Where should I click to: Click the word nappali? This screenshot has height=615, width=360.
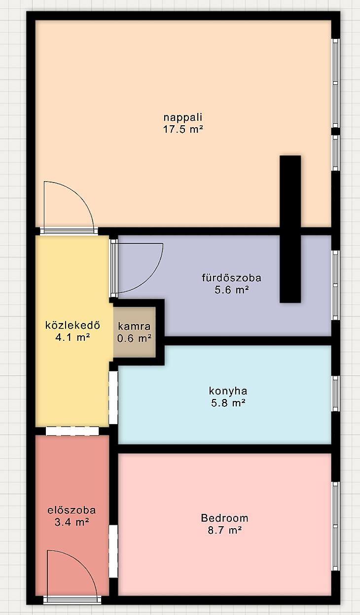tap(183, 117)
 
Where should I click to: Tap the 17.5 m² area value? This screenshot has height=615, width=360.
tap(183, 129)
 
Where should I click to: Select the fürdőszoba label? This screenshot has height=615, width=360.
tap(231, 278)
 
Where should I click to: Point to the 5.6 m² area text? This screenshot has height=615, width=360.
tap(232, 290)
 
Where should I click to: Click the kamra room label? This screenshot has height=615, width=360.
tap(134, 326)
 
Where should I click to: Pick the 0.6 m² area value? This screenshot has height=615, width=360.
tap(134, 338)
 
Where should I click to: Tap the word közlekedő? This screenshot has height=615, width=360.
tap(72, 326)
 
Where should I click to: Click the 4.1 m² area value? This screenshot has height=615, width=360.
tap(73, 337)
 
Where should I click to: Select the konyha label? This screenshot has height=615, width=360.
tap(228, 391)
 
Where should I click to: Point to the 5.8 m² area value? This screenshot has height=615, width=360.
tap(228, 403)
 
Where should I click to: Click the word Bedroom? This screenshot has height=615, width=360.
tap(224, 518)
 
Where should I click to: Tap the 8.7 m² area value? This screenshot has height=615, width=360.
tap(224, 530)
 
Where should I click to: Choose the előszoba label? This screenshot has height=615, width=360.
tap(72, 510)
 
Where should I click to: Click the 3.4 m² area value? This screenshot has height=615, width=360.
tap(72, 522)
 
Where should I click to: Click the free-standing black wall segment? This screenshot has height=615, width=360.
tap(290, 229)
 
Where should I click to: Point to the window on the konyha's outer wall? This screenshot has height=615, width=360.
tap(335, 394)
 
